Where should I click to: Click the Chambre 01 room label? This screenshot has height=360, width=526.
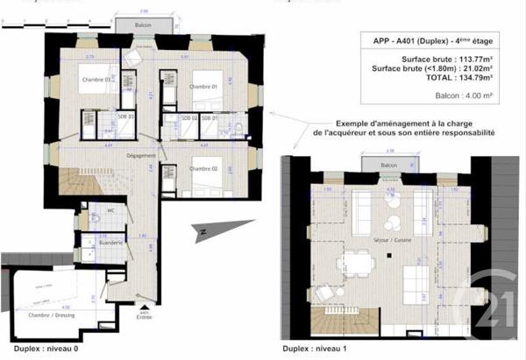(203, 87)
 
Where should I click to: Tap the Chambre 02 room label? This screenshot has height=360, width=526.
(203, 168)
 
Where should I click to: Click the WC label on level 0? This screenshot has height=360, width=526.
(111, 210)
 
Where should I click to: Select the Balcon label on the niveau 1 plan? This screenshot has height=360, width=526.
(388, 165)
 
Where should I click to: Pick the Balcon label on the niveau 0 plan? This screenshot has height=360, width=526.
(142, 25)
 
